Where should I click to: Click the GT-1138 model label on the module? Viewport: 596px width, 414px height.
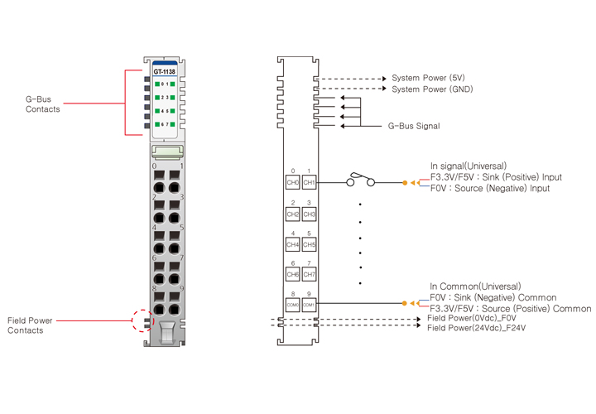(164, 70)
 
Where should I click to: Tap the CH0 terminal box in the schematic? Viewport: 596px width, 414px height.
(292, 182)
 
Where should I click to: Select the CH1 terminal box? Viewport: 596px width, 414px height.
(310, 182)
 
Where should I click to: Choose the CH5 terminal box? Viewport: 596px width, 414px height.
(310, 245)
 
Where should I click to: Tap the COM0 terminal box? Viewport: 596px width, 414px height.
(292, 305)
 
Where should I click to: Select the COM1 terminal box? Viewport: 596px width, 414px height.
(310, 305)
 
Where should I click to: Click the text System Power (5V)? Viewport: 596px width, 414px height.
(428, 78)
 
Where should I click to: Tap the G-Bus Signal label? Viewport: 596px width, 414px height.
(414, 127)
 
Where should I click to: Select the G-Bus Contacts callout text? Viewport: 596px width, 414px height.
(42, 103)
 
